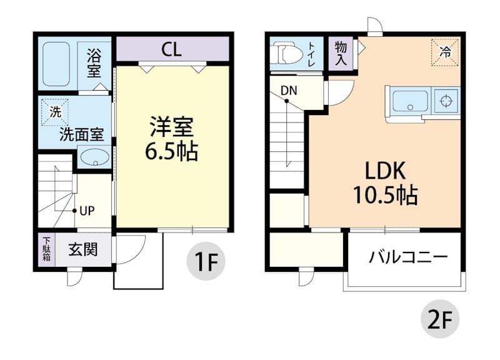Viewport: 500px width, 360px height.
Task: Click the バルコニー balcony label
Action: [x=407, y=257]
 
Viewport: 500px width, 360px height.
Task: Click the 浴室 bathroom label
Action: [x=94, y=62]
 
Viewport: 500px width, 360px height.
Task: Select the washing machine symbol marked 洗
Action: [x=55, y=112]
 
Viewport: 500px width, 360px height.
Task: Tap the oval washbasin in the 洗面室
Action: [x=94, y=156]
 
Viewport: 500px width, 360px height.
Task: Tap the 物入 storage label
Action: [x=341, y=53]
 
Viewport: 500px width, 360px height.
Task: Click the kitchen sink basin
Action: [x=410, y=100]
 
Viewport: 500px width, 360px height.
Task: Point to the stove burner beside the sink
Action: [x=446, y=100]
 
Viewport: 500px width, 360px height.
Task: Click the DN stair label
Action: [x=289, y=91]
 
